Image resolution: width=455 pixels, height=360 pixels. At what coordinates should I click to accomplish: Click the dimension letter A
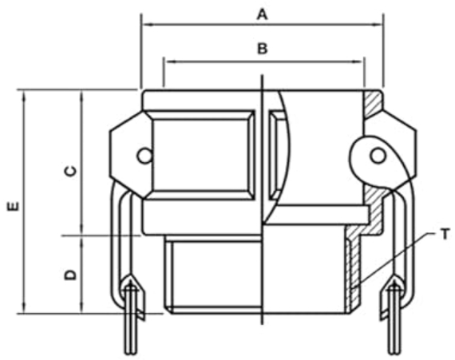262,14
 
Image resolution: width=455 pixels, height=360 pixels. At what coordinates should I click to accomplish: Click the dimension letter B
263,49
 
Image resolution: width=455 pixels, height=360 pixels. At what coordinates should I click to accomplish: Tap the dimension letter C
70,171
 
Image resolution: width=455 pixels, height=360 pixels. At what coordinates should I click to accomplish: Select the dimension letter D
70,275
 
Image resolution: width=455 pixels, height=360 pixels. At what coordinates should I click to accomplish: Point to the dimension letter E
14,206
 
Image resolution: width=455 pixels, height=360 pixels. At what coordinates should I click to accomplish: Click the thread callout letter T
445,234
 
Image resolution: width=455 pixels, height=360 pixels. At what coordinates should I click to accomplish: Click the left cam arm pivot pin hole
144,156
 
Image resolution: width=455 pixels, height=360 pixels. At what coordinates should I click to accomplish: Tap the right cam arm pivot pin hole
378,156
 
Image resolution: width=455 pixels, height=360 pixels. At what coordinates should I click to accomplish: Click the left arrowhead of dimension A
148,25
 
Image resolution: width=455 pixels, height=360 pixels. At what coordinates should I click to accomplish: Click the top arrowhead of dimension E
24,96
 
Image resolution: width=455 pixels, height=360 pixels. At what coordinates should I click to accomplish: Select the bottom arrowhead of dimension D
82,307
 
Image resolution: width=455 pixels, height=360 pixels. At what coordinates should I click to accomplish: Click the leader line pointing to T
394,258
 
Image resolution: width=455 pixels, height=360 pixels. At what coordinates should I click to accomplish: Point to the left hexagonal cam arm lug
128,155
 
